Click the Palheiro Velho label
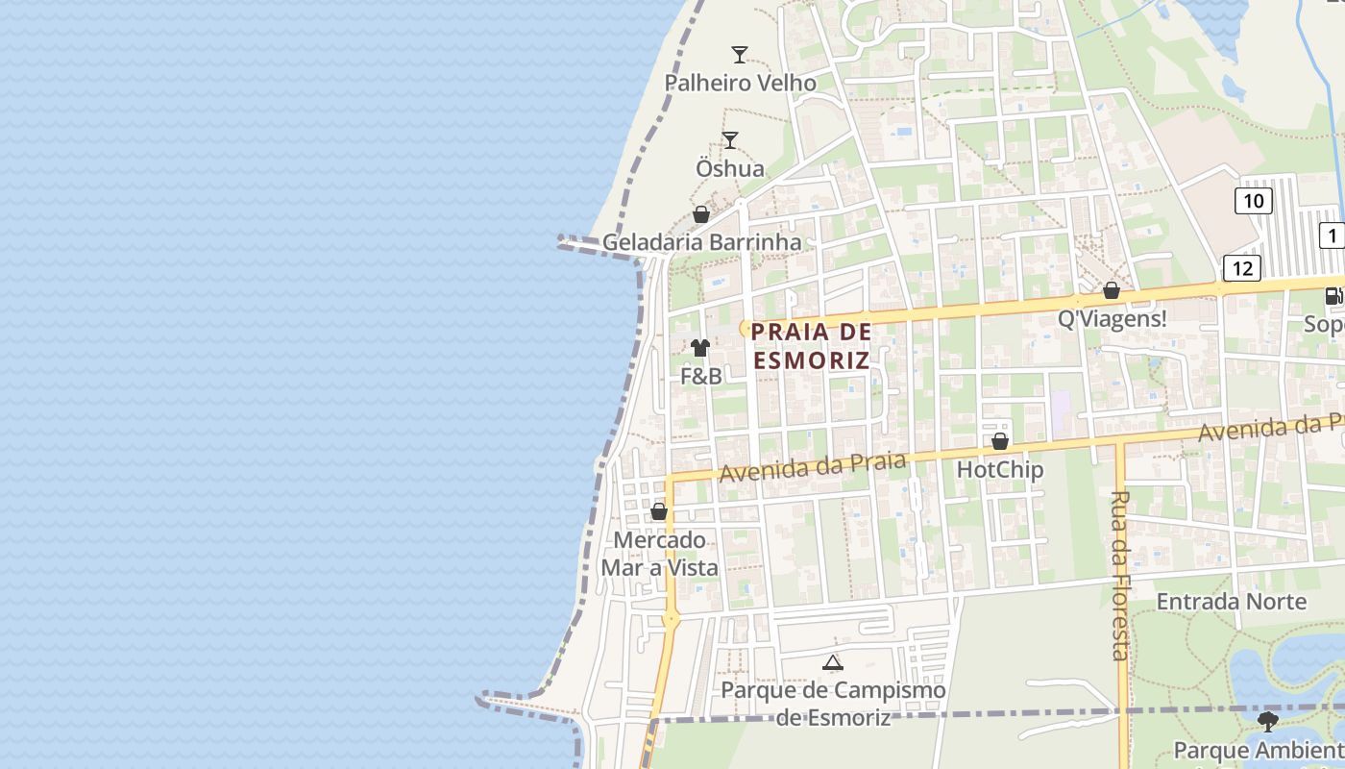741,83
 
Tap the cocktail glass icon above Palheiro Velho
740,54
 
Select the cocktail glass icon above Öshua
730,140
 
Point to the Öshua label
730,168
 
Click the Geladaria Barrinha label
701,242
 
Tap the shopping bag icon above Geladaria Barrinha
701,214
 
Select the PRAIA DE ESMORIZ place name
812,346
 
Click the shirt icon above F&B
700,348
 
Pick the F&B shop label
701,376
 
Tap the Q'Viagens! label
1112,318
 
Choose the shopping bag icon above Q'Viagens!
1112,290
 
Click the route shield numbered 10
1253,201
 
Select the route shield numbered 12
1241,268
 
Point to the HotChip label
1000,469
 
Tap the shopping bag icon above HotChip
1000,441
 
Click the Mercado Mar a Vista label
660,554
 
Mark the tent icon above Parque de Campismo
833,662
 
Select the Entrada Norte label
1231,602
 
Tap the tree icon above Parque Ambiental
1268,720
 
